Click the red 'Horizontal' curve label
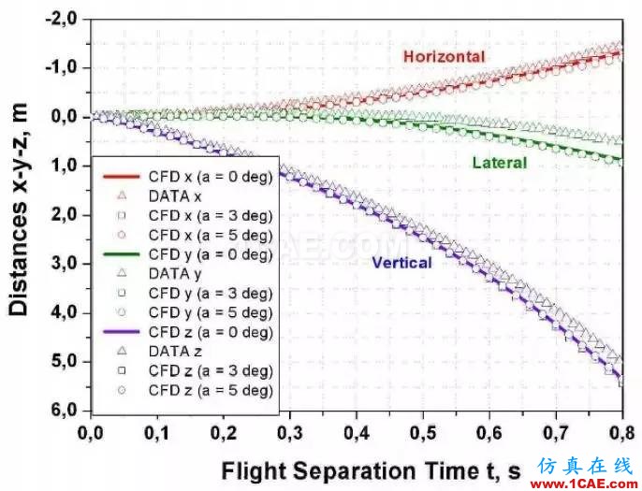(x=444, y=57)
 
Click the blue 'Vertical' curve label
(x=401, y=263)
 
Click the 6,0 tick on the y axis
(x=66, y=411)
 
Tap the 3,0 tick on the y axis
(x=66, y=264)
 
